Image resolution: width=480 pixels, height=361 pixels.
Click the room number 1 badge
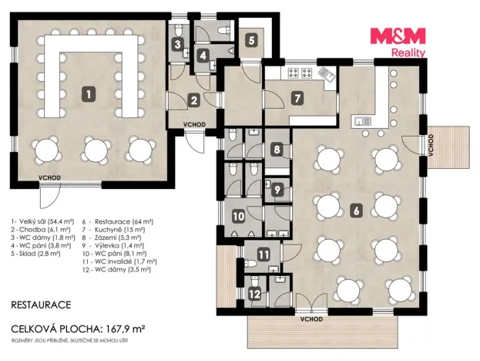click(x=89, y=94)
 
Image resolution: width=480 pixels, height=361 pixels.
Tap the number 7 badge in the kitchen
click(x=297, y=99)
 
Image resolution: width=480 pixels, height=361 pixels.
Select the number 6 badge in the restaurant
click(x=356, y=211)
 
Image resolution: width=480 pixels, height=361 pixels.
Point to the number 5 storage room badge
click(x=251, y=40)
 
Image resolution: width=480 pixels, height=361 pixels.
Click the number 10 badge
click(x=239, y=216)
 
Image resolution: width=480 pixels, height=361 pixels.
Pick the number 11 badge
click(x=263, y=255)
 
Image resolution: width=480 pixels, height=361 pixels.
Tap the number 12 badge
click(x=255, y=295)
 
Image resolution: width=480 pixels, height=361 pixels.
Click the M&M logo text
click(x=398, y=35)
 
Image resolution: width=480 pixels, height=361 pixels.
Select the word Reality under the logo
click(x=408, y=52)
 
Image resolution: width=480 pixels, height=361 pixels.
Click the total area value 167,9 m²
click(x=126, y=329)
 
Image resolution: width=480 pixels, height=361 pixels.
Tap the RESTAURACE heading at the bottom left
click(x=41, y=305)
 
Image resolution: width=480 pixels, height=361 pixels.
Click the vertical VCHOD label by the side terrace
click(x=431, y=145)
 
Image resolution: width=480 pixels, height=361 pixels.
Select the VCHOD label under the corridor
click(x=194, y=124)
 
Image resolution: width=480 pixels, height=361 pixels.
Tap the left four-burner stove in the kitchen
click(x=294, y=73)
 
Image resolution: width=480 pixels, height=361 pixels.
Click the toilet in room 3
click(x=179, y=30)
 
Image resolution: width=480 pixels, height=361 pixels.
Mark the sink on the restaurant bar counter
click(x=363, y=121)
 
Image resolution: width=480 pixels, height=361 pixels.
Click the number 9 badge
click(x=277, y=190)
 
